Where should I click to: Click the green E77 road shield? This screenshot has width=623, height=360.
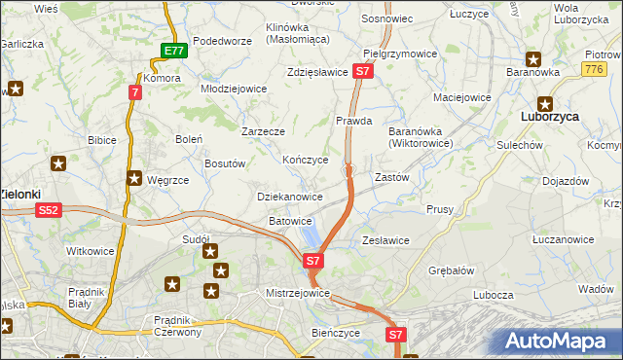coord(173,52)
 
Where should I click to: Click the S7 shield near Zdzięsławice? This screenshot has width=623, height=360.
coord(362,71)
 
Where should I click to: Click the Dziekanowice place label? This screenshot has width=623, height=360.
coord(289,197)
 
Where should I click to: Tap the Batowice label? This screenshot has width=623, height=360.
coord(290,222)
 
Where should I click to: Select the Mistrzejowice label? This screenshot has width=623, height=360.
coord(299,293)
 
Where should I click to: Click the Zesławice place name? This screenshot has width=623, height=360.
coord(385,240)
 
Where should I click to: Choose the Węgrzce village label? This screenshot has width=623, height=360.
coord(166,180)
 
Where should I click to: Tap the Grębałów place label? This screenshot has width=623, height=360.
coord(450,270)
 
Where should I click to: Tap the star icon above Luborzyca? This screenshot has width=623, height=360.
coord(544,100)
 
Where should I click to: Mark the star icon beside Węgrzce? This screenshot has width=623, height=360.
coord(134,177)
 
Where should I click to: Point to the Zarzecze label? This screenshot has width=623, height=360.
coord(263,130)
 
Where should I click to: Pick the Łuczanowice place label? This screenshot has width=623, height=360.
coord(564,239)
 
